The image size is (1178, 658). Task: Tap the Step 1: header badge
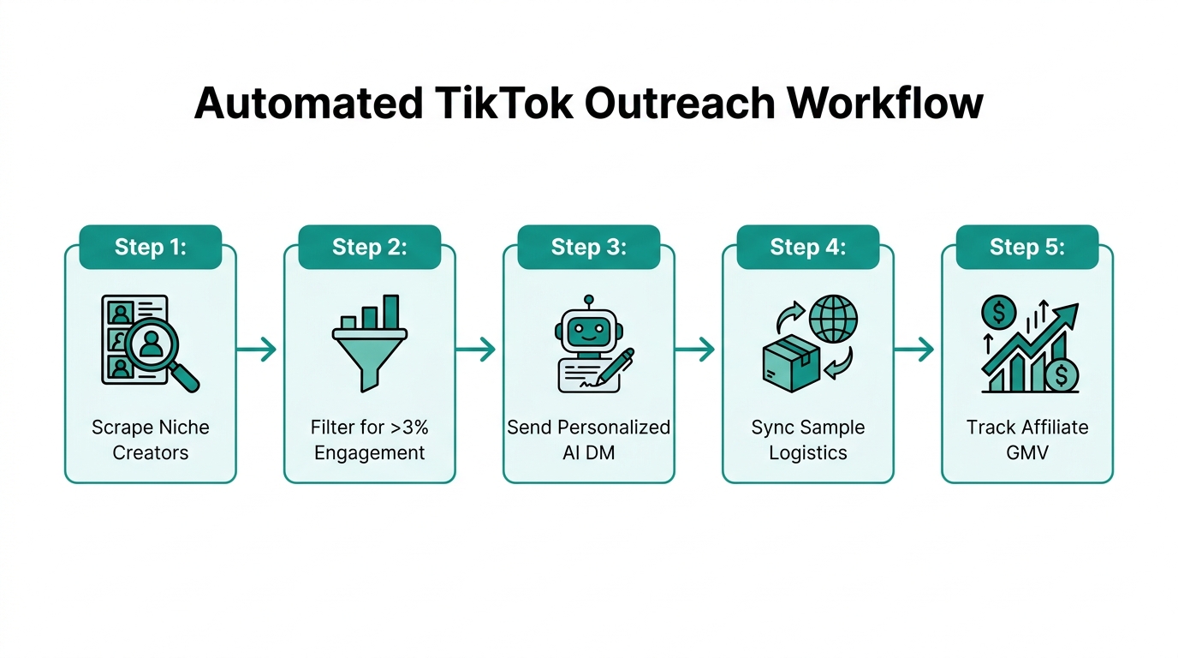[x=150, y=247]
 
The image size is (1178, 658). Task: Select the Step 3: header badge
[x=588, y=247]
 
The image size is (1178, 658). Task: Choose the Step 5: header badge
[x=1026, y=247]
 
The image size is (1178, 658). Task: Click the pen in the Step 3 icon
[x=616, y=366]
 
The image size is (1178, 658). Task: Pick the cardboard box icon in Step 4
[x=789, y=362]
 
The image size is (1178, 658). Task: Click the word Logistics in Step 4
[x=807, y=452]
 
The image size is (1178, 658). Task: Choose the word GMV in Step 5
[x=1026, y=452]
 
